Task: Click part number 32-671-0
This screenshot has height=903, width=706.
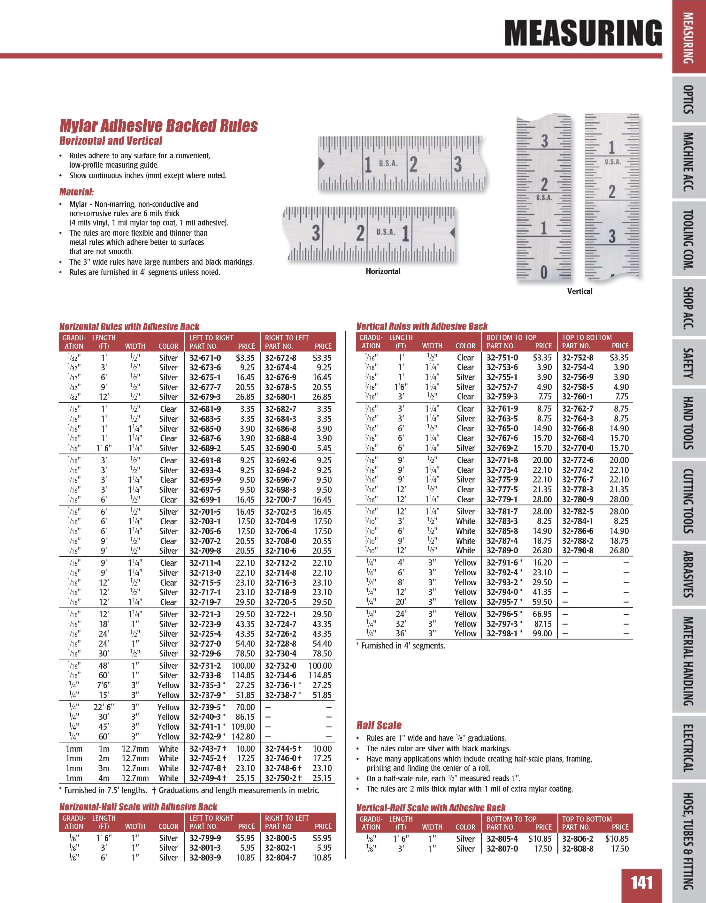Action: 205,358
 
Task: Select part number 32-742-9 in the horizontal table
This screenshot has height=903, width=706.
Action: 205,736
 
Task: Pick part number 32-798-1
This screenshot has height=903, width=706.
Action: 502,634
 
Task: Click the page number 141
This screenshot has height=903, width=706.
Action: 641,882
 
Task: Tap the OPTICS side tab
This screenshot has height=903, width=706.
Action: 687,99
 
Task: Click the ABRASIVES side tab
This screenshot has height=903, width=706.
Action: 687,574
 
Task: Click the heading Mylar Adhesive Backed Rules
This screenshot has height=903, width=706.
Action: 158,126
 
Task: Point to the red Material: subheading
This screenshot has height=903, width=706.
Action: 77,192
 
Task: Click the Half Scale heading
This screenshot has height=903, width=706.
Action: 379,725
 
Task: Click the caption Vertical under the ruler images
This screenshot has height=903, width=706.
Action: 580,292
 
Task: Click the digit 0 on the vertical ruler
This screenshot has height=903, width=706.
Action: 544,272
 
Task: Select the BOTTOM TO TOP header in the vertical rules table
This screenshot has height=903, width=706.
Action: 511,338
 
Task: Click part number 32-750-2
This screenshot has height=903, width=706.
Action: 281,778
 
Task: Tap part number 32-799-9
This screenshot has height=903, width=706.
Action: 205,838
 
